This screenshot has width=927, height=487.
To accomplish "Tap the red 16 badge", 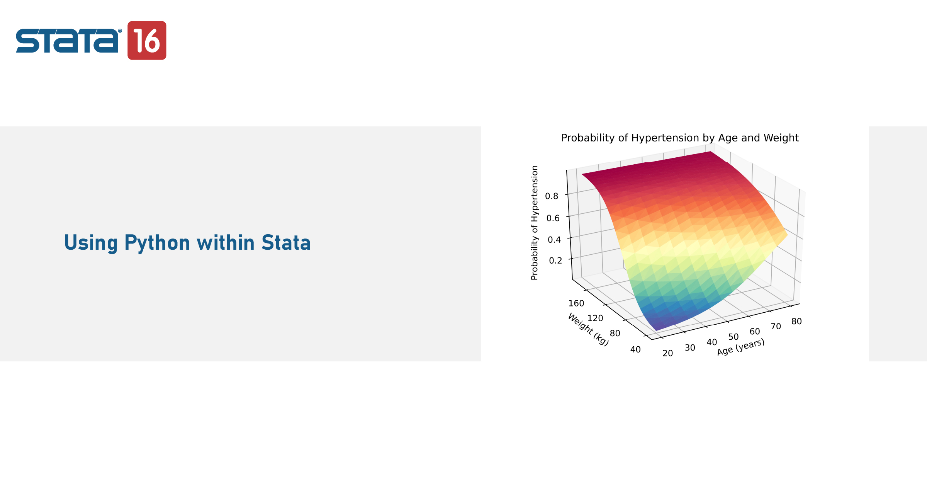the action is (147, 40).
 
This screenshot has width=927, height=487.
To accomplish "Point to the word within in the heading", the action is (226, 243).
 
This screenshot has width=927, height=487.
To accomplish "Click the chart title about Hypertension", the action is (680, 138).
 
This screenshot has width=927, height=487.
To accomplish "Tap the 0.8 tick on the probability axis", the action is (552, 196).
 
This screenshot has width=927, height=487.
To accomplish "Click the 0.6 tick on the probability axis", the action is (553, 218).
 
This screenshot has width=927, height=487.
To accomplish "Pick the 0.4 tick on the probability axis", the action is (554, 240).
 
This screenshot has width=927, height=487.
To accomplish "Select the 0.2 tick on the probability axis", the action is (555, 261).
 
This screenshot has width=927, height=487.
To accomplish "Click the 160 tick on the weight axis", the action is (576, 303).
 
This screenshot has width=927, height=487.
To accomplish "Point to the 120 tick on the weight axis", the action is (595, 318).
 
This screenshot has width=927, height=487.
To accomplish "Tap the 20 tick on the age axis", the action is (668, 353).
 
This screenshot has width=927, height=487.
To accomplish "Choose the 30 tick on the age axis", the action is (690, 348).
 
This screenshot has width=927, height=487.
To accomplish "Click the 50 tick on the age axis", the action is (733, 337).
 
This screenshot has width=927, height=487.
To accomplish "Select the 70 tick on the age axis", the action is (776, 327).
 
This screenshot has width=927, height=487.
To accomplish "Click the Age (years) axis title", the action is (741, 347).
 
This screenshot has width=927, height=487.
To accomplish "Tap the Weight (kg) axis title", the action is (588, 329).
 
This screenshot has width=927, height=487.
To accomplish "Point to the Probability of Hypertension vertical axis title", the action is (535, 223).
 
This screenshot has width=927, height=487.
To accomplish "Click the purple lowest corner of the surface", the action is (657, 330).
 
